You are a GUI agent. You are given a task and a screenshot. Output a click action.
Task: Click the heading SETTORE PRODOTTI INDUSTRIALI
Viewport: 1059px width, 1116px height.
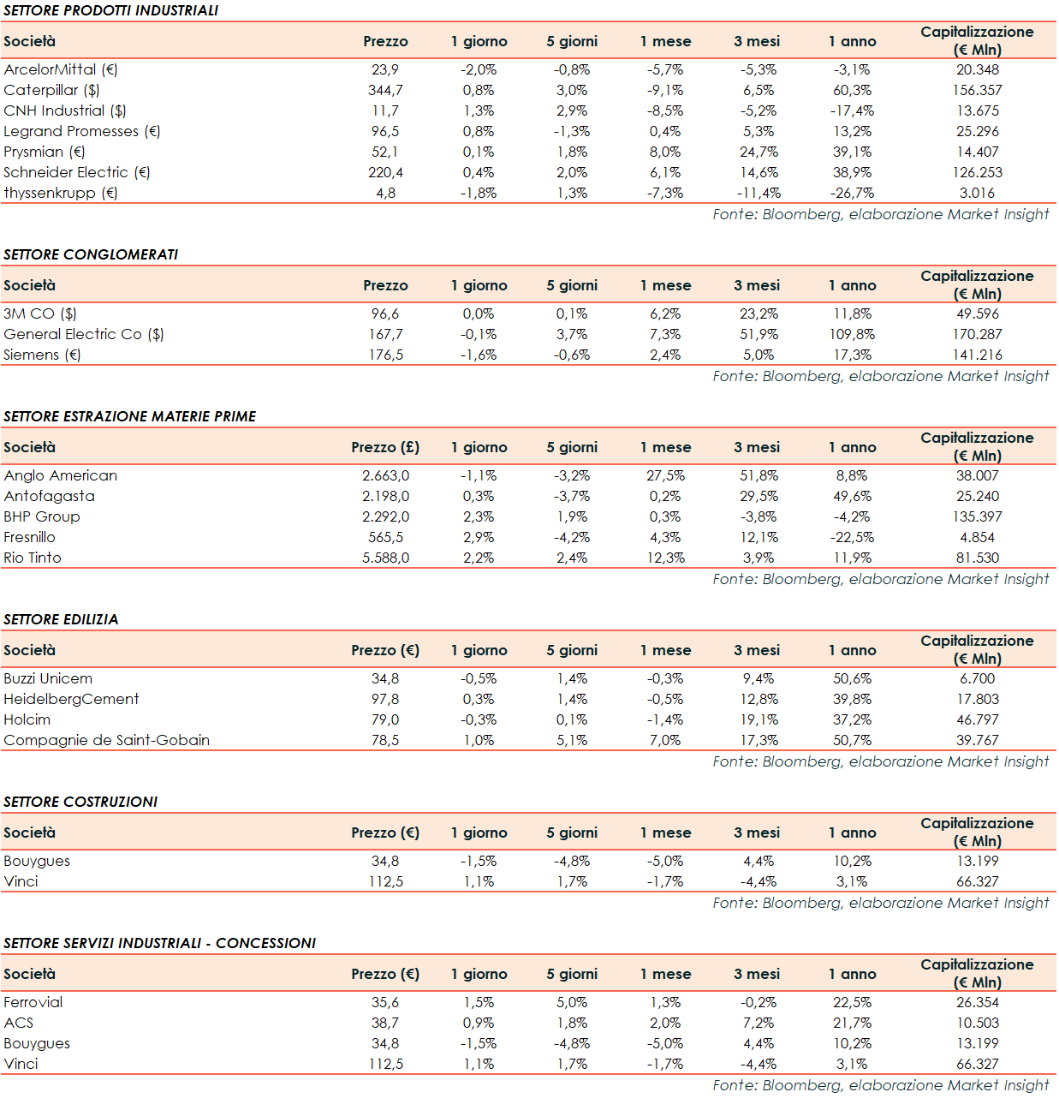(110, 10)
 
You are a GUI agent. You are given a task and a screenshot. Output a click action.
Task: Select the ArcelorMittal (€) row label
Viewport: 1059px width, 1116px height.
(61, 69)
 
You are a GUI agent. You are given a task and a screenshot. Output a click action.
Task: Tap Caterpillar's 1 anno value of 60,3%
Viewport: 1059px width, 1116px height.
(852, 90)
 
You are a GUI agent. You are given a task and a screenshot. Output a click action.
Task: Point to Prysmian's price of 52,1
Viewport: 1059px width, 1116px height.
(385, 152)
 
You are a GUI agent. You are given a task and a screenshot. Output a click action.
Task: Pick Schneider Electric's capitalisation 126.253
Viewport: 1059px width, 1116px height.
(977, 172)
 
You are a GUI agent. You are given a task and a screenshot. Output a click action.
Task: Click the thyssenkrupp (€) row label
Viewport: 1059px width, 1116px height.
(61, 193)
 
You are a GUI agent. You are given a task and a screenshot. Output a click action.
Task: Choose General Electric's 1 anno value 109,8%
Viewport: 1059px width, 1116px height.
(852, 334)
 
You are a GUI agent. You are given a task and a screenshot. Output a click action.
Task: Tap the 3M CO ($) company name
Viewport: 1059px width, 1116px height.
(40, 313)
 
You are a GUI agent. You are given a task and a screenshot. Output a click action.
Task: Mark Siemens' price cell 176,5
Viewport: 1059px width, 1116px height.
(385, 355)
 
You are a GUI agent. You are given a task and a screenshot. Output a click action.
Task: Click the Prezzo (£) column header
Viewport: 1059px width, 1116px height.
(385, 447)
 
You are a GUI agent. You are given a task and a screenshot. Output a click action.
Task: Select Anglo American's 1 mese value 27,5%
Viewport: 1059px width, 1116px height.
(665, 475)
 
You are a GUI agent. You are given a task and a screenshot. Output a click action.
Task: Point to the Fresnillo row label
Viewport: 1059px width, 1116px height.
(30, 537)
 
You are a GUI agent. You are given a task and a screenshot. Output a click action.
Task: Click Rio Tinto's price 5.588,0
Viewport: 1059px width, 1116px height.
(385, 558)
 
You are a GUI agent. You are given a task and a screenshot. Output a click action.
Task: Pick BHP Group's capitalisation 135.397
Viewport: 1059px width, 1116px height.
(977, 516)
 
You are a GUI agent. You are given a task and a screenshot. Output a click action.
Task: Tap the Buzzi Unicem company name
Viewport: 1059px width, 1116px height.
(48, 678)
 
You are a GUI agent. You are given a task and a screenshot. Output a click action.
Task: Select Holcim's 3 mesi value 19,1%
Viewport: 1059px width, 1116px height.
(759, 719)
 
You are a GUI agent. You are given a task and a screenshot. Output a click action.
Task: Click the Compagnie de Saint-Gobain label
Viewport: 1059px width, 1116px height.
(107, 740)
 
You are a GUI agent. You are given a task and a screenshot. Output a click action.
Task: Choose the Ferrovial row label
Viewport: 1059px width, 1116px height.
(33, 1002)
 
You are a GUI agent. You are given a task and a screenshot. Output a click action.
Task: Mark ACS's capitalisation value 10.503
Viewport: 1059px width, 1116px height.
(977, 1023)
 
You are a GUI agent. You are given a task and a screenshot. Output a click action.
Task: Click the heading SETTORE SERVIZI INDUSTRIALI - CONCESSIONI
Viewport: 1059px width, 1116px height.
(160, 943)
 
